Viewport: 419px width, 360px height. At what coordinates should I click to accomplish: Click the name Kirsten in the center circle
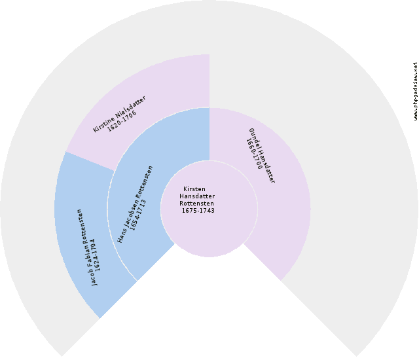pyautogui.click(x=194, y=189)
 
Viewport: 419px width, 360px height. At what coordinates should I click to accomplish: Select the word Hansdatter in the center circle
pyautogui.click(x=197, y=196)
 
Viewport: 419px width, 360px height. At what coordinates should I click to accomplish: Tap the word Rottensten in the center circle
pyautogui.click(x=196, y=204)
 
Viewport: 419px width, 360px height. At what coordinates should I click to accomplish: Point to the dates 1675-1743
pyautogui.click(x=198, y=211)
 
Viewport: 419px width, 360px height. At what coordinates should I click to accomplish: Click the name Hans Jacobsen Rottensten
pyautogui.click(x=136, y=204)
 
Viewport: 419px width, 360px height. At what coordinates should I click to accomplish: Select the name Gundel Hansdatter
pyautogui.click(x=262, y=155)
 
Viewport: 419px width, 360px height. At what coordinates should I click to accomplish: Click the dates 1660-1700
pyautogui.click(x=254, y=154)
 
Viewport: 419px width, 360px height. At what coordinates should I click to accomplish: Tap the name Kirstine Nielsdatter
pyautogui.click(x=119, y=114)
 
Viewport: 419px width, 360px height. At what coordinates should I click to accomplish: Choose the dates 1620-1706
pyautogui.click(x=122, y=120)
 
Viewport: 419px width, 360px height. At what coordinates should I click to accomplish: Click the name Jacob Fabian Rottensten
pyautogui.click(x=86, y=247)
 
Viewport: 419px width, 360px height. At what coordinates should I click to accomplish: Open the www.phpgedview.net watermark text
pyautogui.click(x=415, y=91)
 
